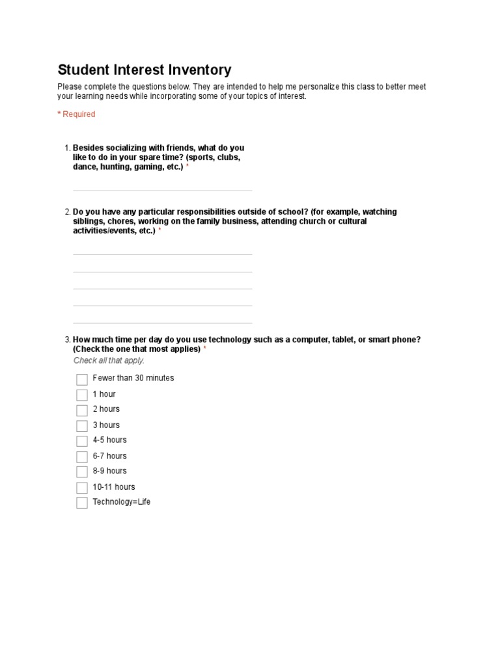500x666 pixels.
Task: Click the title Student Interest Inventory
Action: click(144, 70)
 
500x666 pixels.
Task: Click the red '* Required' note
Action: click(76, 114)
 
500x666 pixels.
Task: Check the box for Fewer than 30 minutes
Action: click(81, 379)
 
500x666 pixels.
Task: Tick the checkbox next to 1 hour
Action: click(81, 395)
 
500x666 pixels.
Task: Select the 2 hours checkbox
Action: click(81, 410)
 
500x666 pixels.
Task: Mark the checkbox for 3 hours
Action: click(81, 426)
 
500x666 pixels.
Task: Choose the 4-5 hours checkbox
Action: click(81, 441)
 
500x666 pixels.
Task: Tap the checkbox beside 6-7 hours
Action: click(81, 457)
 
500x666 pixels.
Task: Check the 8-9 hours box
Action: click(81, 472)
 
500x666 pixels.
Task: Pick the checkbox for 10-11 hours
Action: click(81, 487)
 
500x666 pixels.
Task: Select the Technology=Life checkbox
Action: click(81, 503)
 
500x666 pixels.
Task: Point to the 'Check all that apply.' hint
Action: click(109, 360)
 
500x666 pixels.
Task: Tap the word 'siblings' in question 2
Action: click(88, 221)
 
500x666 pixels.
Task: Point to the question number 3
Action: click(67, 340)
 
